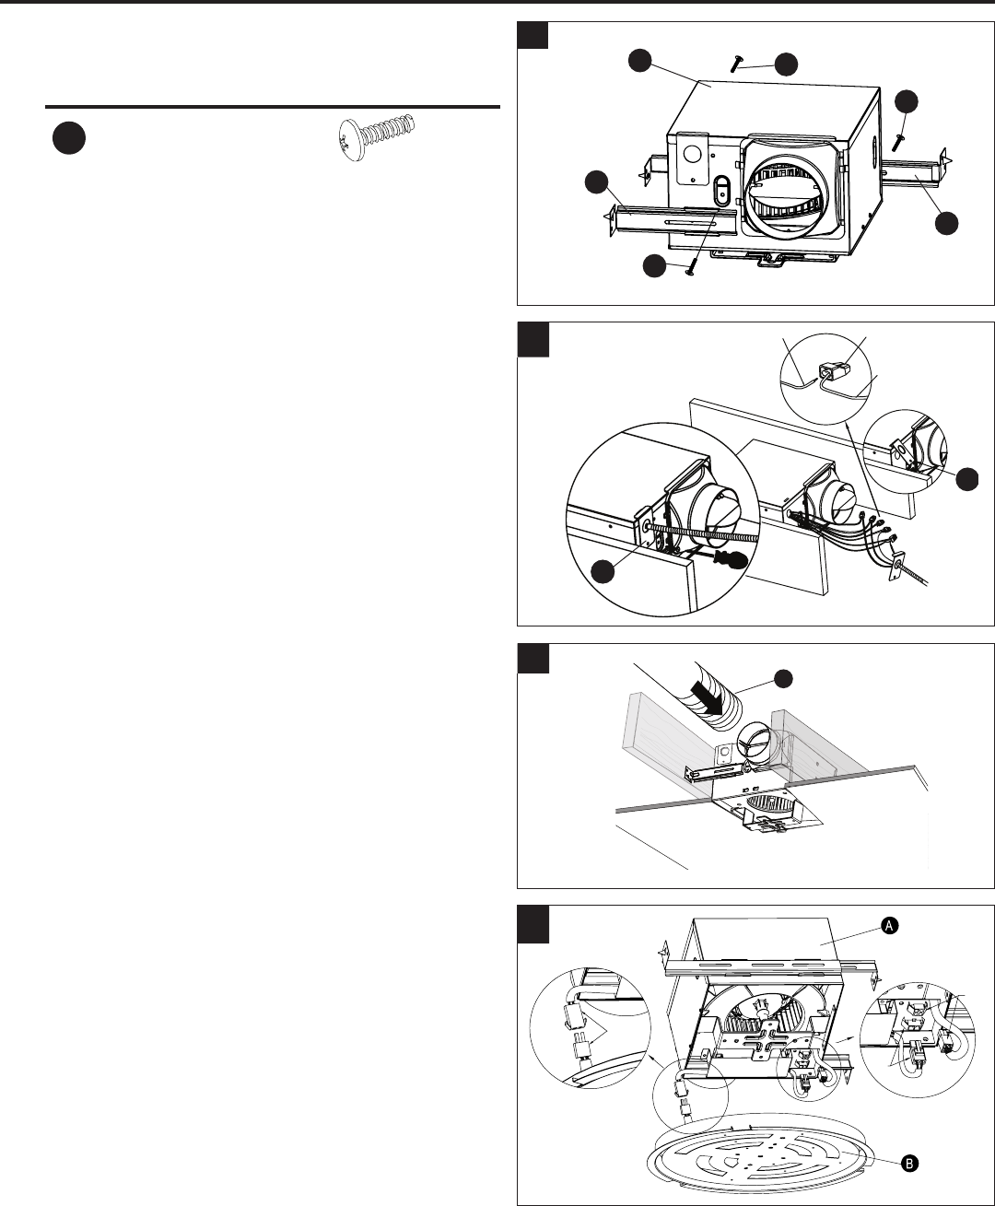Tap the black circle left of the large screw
click(x=69, y=138)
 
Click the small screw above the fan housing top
click(x=735, y=63)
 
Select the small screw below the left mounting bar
click(x=692, y=270)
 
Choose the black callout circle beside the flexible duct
click(x=783, y=679)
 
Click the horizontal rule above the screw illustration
click(x=273, y=107)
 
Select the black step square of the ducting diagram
click(x=533, y=658)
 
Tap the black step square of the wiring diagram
click(x=533, y=340)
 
